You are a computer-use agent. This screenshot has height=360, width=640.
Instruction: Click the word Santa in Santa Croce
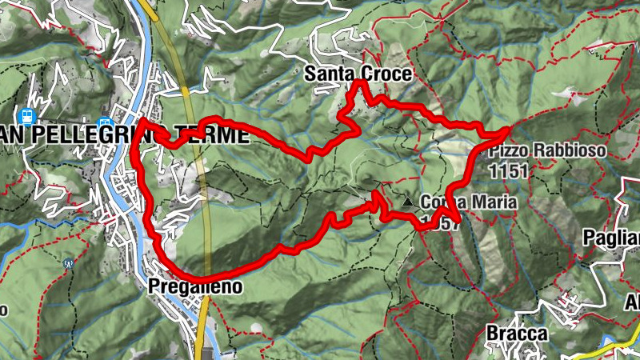coord(329,74)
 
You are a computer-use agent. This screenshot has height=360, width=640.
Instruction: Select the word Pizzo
coord(506,150)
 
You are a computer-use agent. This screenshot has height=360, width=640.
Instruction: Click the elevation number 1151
coord(507,170)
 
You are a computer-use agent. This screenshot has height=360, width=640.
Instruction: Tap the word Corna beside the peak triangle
coord(442,203)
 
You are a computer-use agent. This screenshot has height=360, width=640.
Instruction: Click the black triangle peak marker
coord(408,203)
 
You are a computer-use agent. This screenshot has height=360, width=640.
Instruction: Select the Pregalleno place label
coord(194,286)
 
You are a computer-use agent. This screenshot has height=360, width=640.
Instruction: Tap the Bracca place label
coord(516,333)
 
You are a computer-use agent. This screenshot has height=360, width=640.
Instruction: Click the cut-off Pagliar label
coord(612,237)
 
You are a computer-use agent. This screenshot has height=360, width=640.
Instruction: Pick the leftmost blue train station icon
coord(28,117)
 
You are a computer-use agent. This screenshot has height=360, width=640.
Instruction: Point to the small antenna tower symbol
coord(68,262)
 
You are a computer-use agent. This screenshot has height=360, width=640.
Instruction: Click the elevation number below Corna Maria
coord(441,223)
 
